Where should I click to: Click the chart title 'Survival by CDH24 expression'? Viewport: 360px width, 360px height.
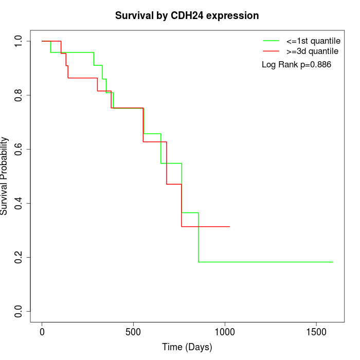coord(187,16)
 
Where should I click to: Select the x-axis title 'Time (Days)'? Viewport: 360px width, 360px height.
coord(187,347)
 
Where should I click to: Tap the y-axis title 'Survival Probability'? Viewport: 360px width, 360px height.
coord(5,176)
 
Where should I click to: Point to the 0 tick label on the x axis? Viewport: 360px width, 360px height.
coord(42,332)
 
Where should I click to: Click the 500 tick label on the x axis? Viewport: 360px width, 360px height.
coord(133,332)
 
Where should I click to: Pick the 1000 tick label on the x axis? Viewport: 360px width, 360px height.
coord(225,332)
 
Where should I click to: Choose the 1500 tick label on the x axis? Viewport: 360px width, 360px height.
coord(316,332)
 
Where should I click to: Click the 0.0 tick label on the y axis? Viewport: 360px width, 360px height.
coord(19,311)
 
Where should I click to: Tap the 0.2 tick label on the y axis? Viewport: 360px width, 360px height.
coord(19,257)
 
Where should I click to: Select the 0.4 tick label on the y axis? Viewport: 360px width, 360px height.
coord(19,203)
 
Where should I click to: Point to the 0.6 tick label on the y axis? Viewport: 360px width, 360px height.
coord(19,149)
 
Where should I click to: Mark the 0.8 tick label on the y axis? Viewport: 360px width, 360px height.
coord(19,95)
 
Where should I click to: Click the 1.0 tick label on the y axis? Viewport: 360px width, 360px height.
coord(19,41)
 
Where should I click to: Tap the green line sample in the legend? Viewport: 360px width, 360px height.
coord(271,40)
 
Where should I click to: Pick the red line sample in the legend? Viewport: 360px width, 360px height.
coord(271,51)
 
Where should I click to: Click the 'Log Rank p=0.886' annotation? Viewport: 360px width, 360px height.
coord(296,65)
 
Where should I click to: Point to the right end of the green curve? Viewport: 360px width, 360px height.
coord(333,262)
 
